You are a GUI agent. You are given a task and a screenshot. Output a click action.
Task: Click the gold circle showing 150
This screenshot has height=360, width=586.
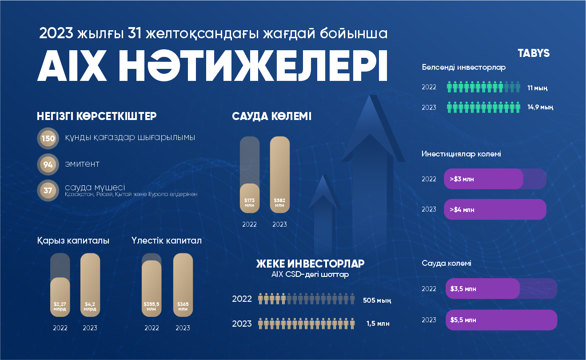click(x=48, y=138)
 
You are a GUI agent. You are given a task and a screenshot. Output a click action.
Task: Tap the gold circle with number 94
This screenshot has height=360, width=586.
click(x=48, y=164)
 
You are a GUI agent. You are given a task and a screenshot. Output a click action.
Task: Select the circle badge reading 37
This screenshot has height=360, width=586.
click(x=48, y=191)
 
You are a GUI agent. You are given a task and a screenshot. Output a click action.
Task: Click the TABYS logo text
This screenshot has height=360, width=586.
click(x=534, y=53)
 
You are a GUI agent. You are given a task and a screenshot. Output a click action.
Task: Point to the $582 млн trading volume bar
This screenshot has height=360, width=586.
click(x=279, y=175)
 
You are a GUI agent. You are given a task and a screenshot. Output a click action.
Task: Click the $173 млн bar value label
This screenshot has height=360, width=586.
click(x=249, y=203)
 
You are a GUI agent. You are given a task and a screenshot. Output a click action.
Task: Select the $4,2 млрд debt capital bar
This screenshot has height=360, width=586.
click(x=90, y=285)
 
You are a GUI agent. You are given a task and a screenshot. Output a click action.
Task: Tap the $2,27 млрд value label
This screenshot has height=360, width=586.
click(x=60, y=306)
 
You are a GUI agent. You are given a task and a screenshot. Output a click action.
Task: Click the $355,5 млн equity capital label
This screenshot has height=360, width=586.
click(x=151, y=306)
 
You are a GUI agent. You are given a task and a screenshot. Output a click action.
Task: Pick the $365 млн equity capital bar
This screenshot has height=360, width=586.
click(x=183, y=285)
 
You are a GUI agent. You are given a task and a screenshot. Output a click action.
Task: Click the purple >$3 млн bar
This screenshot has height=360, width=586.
click(x=483, y=179)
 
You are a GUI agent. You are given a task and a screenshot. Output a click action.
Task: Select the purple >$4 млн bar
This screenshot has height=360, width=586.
click(x=495, y=209)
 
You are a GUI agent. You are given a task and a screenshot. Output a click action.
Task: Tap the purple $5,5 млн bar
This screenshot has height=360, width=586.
click(x=501, y=320)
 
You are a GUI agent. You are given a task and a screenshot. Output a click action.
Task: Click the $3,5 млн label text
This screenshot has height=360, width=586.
click(x=463, y=289)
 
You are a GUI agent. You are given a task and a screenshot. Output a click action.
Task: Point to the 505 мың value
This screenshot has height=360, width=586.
click(x=377, y=300)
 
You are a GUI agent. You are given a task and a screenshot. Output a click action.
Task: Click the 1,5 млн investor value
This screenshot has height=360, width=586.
click(x=378, y=324)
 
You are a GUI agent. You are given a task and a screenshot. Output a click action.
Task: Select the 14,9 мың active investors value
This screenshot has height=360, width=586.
click(x=540, y=107)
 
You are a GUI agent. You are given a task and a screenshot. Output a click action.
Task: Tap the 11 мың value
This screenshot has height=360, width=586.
click(x=537, y=88)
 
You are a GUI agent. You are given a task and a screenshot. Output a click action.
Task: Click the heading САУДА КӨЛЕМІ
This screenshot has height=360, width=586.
click(x=271, y=116)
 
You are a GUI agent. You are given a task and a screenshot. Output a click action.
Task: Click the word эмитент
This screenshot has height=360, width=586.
click(x=82, y=164)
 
